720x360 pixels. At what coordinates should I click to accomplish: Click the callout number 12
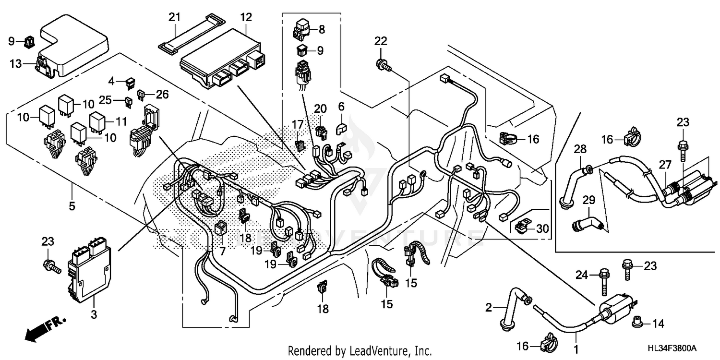coord(246,18)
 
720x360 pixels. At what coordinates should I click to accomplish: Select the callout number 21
coord(174,18)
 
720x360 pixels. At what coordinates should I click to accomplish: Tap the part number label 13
coord(16,63)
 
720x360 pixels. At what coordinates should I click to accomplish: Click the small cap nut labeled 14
coord(637,324)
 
